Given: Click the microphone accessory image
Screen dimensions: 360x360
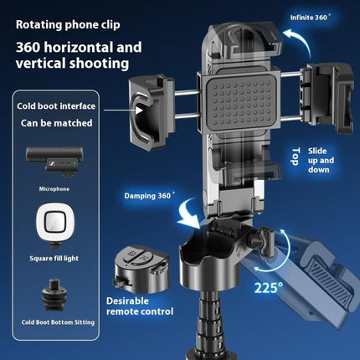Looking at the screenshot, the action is [x=54, y=162].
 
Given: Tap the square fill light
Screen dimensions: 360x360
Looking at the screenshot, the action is [x=55, y=225].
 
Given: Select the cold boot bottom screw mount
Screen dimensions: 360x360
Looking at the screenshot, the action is [x=54, y=295].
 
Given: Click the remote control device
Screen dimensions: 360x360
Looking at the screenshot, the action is [x=141, y=269].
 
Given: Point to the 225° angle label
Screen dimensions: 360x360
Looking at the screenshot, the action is [x=269, y=287].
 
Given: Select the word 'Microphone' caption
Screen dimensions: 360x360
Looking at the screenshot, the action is [x=54, y=189].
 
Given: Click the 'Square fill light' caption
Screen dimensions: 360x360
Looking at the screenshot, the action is [x=54, y=258].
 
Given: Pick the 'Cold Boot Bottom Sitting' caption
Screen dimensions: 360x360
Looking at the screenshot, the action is [x=58, y=322].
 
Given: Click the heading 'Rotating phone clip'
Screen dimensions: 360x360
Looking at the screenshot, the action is [x=68, y=25].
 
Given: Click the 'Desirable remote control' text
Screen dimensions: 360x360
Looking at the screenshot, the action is [x=140, y=306].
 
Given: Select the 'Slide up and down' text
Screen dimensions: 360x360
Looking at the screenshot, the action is [x=321, y=160].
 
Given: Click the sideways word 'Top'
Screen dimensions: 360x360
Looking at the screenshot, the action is [x=296, y=157].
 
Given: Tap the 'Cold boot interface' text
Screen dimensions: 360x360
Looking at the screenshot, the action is [x=56, y=106].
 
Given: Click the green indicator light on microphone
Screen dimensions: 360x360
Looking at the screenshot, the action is [x=75, y=163].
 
